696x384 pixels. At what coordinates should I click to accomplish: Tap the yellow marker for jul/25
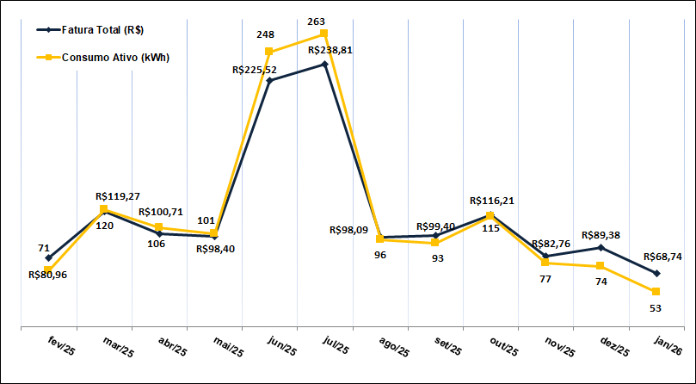tap(324, 34)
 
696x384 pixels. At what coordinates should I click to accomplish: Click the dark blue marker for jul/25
tap(324, 64)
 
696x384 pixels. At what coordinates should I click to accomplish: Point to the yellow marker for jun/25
tap(269, 52)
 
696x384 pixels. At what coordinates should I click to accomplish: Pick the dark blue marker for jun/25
tap(269, 81)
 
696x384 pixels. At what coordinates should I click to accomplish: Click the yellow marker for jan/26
tap(656, 292)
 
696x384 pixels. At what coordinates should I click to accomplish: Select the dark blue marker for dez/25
tap(601, 248)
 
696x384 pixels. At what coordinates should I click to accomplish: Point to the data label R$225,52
tap(259, 71)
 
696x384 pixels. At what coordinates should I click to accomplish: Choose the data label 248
tap(265, 34)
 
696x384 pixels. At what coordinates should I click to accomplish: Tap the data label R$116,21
tap(493, 201)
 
